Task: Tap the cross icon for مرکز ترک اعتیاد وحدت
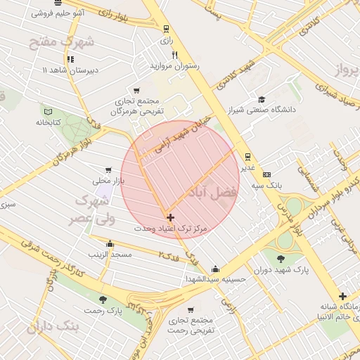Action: [170, 218]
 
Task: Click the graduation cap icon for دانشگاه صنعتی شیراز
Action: [262, 99]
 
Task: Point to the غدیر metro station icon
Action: [247, 157]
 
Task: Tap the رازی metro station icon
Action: [166, 29]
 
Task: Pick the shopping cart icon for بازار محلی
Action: [108, 170]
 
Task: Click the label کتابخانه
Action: [49, 122]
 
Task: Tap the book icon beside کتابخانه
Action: [49, 111]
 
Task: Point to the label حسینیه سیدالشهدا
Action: [215, 279]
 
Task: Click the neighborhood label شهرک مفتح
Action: [51, 42]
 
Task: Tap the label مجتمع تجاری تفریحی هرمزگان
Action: [138, 106]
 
